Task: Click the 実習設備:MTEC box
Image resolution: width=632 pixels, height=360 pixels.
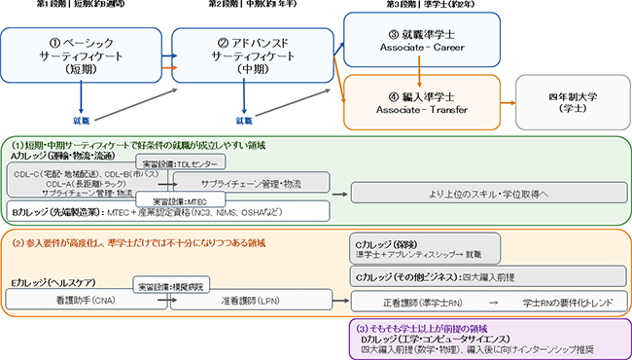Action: pos(170,199)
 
